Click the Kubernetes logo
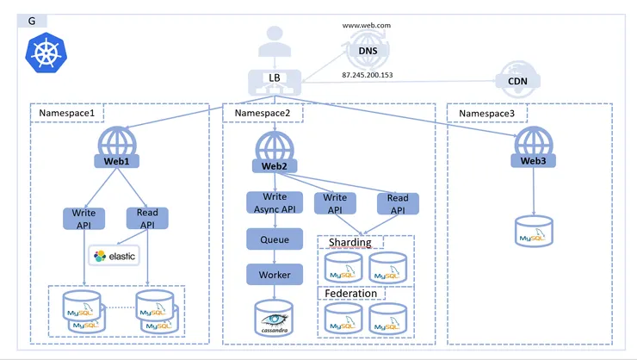point(41,51)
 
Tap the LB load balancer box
point(275,78)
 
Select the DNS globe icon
point(368,51)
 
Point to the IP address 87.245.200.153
point(368,75)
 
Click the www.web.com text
point(367,26)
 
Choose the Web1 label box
point(117,161)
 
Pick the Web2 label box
point(274,164)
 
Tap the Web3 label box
point(534,160)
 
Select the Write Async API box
point(275,202)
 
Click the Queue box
point(275,239)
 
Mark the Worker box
point(275,275)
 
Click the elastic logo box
point(114,256)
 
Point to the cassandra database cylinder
point(275,317)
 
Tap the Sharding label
point(349,242)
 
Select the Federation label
point(351,293)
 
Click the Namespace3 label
point(487,113)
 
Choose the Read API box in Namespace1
point(148,218)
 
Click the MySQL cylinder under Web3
point(534,229)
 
